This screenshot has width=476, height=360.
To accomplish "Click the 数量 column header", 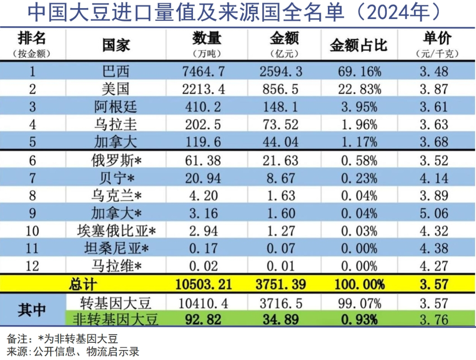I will click(x=207, y=39).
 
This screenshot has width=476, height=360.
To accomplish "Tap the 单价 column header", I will click(x=436, y=39).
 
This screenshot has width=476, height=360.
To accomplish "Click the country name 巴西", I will click(x=116, y=72).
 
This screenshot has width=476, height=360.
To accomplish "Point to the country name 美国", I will click(x=116, y=89).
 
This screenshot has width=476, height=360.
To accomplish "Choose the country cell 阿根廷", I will click(x=116, y=107).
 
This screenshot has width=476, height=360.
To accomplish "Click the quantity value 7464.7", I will click(x=203, y=72).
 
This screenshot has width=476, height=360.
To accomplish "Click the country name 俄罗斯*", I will click(x=116, y=160).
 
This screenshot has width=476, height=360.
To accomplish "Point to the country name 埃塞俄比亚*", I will click(x=116, y=231).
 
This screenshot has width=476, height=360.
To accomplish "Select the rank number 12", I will click(x=32, y=266).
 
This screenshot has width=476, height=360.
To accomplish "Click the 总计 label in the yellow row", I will click(x=84, y=284).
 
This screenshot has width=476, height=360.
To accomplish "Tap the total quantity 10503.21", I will click(x=203, y=284).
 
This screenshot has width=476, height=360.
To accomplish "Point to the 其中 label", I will click(x=32, y=310).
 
